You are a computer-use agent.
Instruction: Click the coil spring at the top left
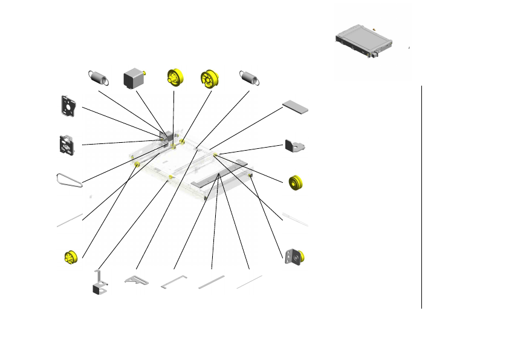(100, 77)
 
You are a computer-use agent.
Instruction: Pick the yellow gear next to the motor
(175, 78)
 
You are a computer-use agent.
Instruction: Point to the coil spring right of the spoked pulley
(250, 77)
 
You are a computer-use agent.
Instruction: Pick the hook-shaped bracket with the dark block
(100, 284)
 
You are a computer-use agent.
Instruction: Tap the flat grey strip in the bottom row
(212, 282)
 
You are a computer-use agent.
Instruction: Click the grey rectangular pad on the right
(296, 107)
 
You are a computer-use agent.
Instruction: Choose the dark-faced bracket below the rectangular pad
(293, 146)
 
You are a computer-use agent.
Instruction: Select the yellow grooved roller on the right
(297, 183)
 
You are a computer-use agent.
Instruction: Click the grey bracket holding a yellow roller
(294, 257)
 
